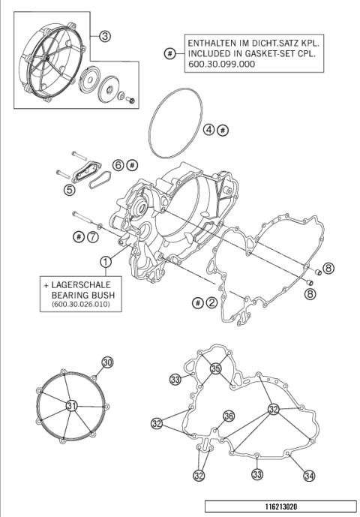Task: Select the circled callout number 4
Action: (209, 130)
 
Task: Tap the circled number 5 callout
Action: (70, 190)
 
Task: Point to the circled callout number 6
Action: (118, 164)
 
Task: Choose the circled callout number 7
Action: (92, 237)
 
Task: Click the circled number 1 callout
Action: (106, 261)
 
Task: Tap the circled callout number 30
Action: (107, 362)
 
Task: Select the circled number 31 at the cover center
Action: (72, 405)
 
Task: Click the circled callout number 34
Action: (308, 475)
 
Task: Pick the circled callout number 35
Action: (215, 369)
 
